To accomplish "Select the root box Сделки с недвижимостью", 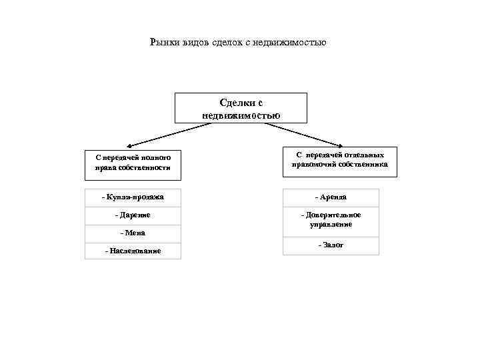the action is click(241, 108).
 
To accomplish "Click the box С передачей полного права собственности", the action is click(133, 163).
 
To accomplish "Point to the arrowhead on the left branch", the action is click(129, 144).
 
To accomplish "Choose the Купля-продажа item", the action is click(133, 197).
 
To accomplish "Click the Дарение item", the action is click(133, 215).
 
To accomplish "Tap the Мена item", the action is click(133, 233).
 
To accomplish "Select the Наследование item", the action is click(133, 251).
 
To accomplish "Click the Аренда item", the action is click(331, 197).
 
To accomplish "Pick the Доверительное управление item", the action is click(331, 220).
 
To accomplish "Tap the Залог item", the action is click(331, 245).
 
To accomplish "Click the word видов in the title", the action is click(193, 43).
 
